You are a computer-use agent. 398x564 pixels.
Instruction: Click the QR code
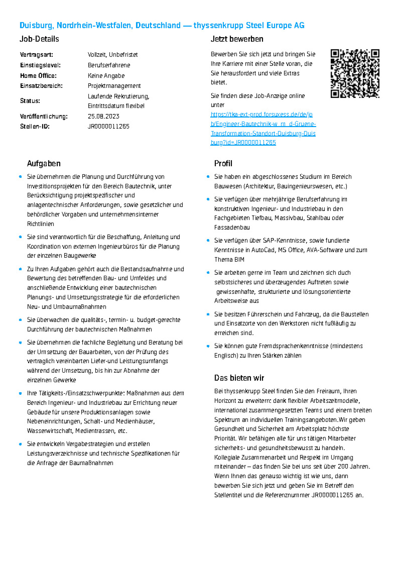click(x=355, y=73)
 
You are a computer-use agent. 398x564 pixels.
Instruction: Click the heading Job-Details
click(x=39, y=39)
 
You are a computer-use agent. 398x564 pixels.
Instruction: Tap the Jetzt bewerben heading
click(x=237, y=39)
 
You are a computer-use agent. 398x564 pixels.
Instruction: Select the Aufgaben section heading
click(x=44, y=163)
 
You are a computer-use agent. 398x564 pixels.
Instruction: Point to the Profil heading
click(x=223, y=163)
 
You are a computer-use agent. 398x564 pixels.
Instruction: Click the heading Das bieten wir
click(x=239, y=378)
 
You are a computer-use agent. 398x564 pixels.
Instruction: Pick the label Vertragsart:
click(x=37, y=55)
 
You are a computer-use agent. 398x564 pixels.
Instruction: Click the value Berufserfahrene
click(x=109, y=65)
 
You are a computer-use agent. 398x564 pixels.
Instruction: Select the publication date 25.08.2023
click(x=103, y=116)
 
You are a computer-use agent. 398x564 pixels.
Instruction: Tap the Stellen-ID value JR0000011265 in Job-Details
click(x=109, y=126)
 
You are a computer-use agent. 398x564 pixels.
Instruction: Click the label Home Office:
click(x=38, y=76)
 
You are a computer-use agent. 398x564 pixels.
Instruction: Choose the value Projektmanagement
click(x=114, y=86)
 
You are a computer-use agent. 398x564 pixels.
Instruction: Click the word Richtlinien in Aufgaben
click(x=40, y=224)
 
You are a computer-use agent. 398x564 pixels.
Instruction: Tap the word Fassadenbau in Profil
click(x=232, y=227)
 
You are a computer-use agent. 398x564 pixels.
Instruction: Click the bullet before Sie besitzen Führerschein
click(x=208, y=314)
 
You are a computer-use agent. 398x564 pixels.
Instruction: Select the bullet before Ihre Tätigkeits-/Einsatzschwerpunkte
click(x=21, y=393)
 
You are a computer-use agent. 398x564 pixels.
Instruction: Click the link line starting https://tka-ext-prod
click(x=262, y=114)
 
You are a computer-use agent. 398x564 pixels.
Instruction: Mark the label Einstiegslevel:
click(x=40, y=65)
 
